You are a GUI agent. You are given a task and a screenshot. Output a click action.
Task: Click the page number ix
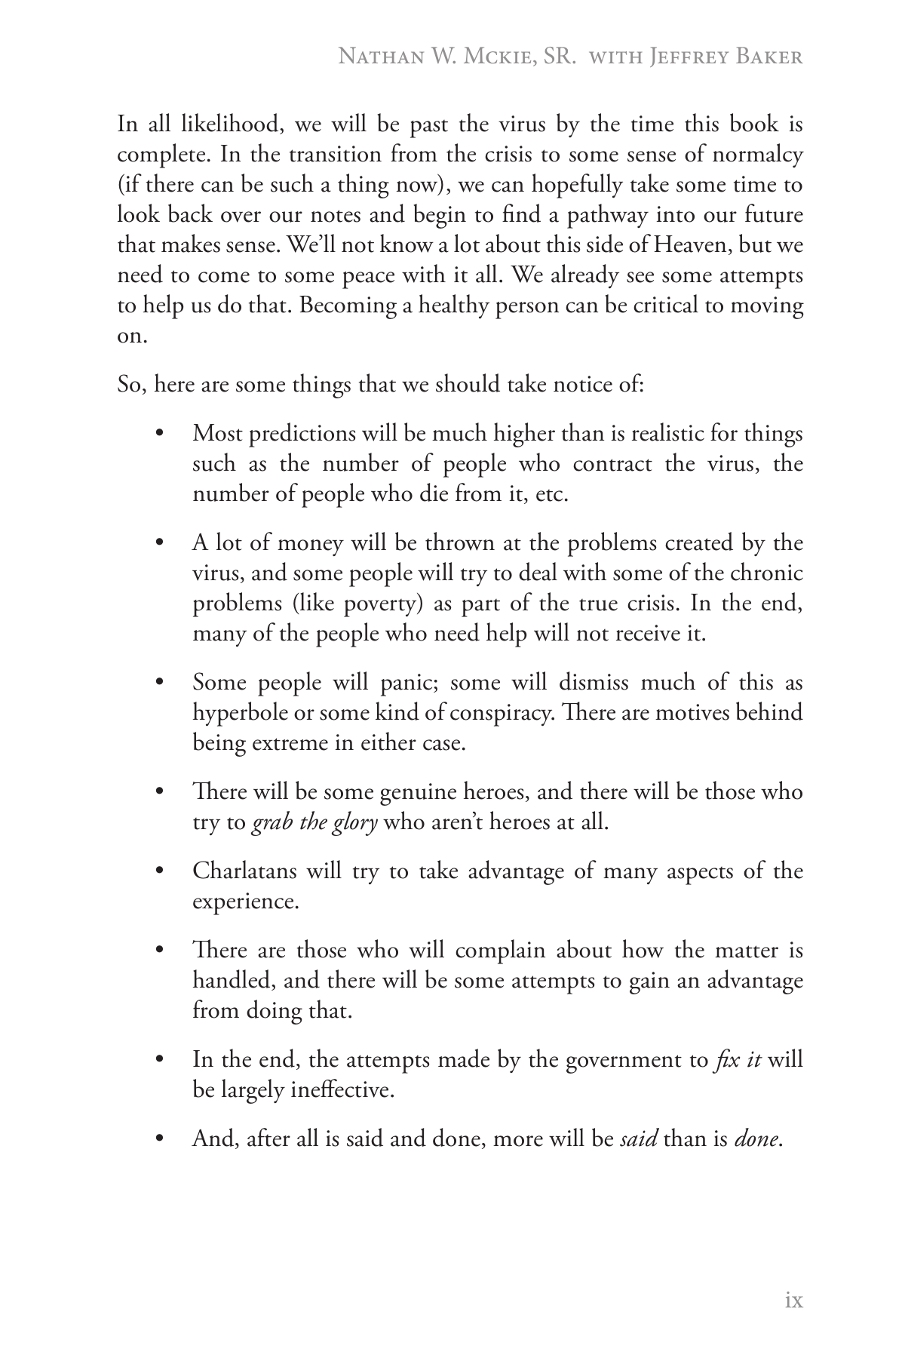pos(793,1301)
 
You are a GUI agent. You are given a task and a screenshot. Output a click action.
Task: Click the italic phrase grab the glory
pos(314,822)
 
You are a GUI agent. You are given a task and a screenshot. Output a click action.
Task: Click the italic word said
pos(638,1139)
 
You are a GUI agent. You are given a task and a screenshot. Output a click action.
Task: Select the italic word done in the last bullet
pos(756,1139)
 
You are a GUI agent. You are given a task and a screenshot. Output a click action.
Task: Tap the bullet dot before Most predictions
pos(158,434)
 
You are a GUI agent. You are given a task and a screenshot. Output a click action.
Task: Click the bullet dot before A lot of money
pos(158,543)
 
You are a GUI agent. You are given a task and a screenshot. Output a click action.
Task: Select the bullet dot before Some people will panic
pos(158,683)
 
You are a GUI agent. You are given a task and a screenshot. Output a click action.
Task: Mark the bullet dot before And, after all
pos(158,1139)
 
